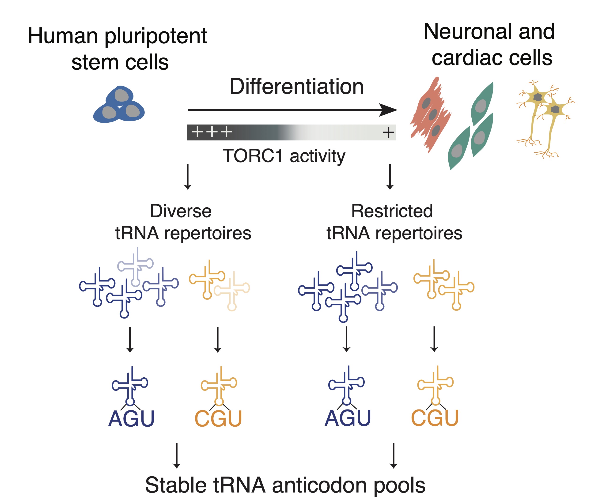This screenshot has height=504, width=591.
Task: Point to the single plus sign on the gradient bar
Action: [x=388, y=132]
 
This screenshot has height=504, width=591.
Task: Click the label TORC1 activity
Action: [x=284, y=156]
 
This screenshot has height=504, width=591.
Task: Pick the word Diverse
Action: [x=181, y=211]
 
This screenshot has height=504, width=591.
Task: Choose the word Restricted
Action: [x=392, y=211]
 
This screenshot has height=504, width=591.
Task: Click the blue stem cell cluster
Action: [x=119, y=105]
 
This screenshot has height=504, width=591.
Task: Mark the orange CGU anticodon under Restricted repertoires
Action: [x=434, y=418]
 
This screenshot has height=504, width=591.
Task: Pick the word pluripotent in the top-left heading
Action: [x=156, y=37]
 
